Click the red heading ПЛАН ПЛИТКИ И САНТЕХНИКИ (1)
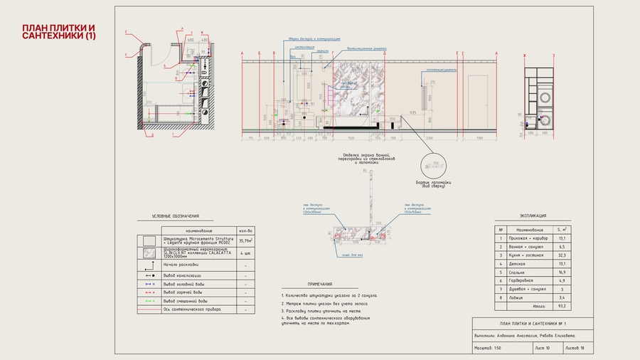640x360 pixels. coord(58,31)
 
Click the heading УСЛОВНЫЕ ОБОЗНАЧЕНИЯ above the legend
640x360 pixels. coord(176,216)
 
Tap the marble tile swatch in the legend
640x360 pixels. coord(149,252)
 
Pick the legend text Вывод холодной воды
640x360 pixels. coord(183,283)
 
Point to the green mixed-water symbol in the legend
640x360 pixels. coord(149,301)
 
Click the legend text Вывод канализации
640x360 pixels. coord(182,275)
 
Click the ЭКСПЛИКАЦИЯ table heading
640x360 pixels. coord(533,215)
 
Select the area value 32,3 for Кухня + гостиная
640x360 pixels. coord(562,255)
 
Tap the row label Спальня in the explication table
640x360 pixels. coord(516,272)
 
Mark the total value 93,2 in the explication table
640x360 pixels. coord(562,306)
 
